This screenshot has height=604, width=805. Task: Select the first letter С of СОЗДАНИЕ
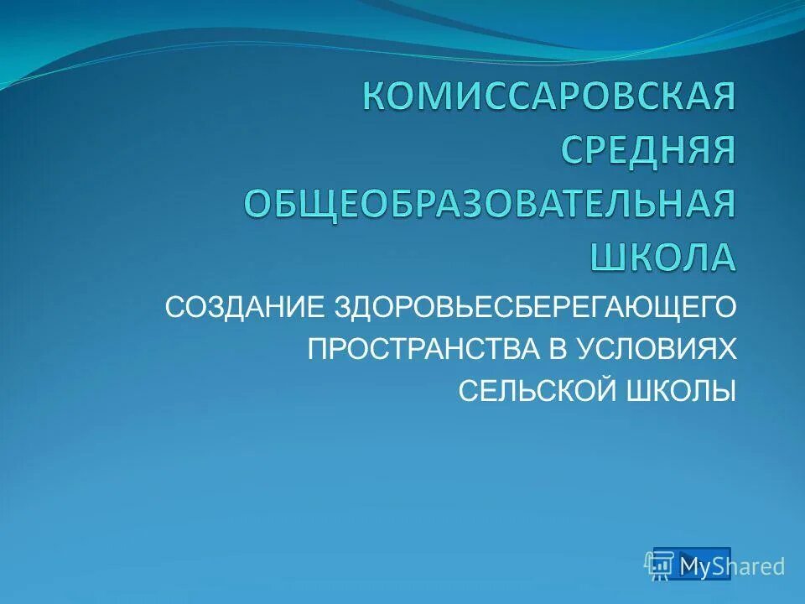tap(174, 306)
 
